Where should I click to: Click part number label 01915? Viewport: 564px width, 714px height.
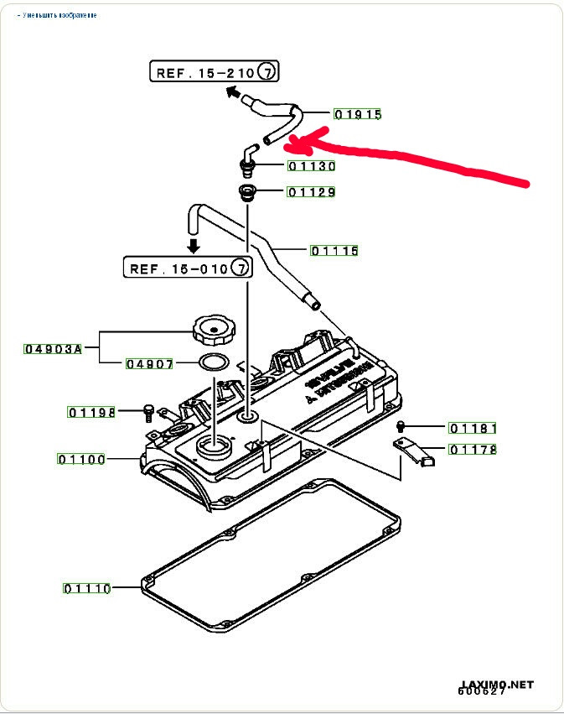(x=357, y=113)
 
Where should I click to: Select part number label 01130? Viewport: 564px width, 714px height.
(x=312, y=166)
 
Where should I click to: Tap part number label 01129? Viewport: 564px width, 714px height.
(x=312, y=192)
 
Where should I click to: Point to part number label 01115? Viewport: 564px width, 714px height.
(x=334, y=250)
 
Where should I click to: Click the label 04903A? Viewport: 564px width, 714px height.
(x=53, y=348)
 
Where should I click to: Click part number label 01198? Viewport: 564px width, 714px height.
(x=92, y=412)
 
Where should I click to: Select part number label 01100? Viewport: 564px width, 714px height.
(x=81, y=459)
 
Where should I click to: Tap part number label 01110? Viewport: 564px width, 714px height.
(x=86, y=588)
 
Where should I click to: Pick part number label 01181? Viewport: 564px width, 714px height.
(x=473, y=428)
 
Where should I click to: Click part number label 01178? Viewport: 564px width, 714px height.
(x=473, y=450)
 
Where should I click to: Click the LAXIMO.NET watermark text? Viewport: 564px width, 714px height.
(x=496, y=685)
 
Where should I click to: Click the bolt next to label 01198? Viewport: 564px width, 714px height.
(x=148, y=412)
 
